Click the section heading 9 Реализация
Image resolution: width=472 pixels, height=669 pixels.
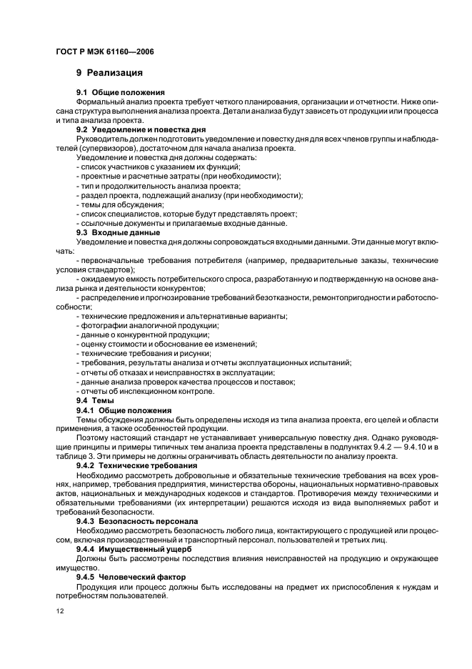coord(109,72)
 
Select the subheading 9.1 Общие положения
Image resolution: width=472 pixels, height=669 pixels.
coord(121,92)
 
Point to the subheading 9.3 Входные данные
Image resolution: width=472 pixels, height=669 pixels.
coord(118,232)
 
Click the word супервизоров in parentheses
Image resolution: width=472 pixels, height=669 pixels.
coord(124,148)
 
